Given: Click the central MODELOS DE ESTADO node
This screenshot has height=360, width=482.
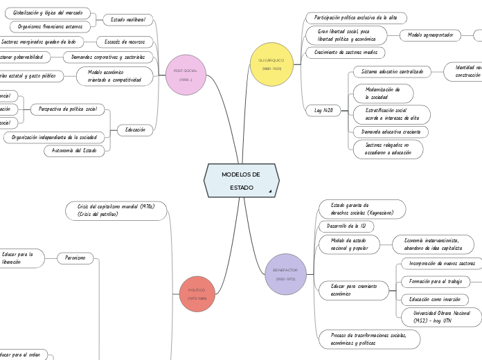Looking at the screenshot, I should (x=241, y=181).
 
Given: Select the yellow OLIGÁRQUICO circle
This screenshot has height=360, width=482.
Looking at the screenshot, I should (x=272, y=64).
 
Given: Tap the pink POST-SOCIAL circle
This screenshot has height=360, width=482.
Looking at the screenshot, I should (x=186, y=75).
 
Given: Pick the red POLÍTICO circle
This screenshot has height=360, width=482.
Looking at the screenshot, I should (x=197, y=294).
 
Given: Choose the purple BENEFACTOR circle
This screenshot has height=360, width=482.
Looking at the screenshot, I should (x=285, y=273).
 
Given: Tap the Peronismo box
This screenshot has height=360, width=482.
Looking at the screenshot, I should (x=75, y=258).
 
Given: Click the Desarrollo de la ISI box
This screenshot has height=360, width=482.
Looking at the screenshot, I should (x=346, y=226).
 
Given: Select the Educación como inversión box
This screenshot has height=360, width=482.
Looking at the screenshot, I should (x=434, y=299).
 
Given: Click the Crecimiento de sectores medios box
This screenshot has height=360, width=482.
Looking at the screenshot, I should (x=345, y=53).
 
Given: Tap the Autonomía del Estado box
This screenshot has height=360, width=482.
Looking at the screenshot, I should (x=75, y=150).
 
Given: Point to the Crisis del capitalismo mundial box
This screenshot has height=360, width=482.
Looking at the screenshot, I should (x=116, y=210).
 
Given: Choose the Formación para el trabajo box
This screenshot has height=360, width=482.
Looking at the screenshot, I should (x=436, y=281).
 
